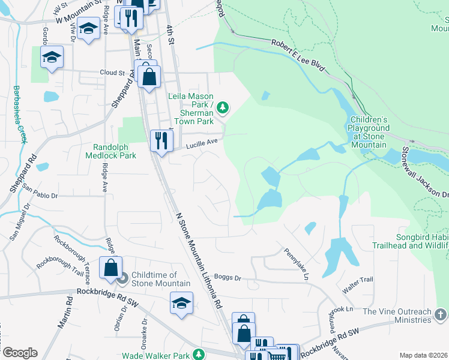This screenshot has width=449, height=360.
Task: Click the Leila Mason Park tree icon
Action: [223, 107]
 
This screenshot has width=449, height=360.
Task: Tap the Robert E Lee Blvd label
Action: [298, 56]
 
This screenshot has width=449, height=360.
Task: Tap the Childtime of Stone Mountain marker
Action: [123, 278]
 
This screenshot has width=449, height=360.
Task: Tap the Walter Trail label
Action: [357, 280]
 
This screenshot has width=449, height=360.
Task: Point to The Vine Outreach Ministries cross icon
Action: [440, 314]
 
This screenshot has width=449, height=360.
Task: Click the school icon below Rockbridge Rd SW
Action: [181, 303]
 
